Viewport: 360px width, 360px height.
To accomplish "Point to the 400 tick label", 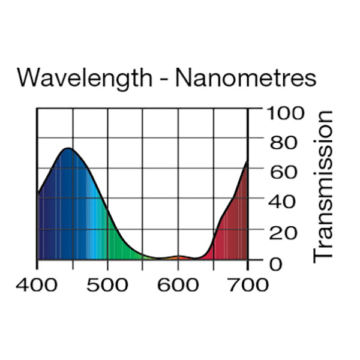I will [x=37, y=283].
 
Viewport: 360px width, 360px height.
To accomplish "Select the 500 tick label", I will [x=108, y=283].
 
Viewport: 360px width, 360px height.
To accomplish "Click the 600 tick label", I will [x=178, y=283].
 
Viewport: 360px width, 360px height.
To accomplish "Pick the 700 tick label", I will [x=248, y=283].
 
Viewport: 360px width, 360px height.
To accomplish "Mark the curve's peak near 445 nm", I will [x=68, y=148].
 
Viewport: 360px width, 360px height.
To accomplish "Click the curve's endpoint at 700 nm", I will [x=247, y=161].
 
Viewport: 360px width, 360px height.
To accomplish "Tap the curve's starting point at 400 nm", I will [x=38, y=194].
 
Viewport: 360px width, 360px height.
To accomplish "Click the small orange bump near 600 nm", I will [x=178, y=257].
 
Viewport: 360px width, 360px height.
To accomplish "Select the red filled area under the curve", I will [x=231, y=234].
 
